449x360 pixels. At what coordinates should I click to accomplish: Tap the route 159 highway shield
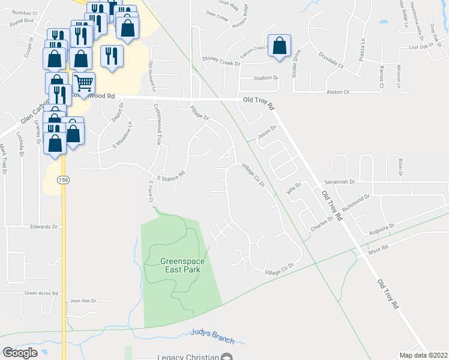coord(62,179)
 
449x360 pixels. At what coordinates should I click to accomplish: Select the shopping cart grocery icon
coord(84,82)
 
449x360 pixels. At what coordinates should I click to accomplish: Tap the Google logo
coord(20,353)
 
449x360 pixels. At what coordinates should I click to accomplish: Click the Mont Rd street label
coord(379,247)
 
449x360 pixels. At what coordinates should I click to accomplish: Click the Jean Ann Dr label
coord(83,301)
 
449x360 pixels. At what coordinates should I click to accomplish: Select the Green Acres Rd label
coord(41,293)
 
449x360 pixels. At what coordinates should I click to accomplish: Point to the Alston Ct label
coord(337,92)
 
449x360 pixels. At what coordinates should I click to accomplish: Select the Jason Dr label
coord(266,130)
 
